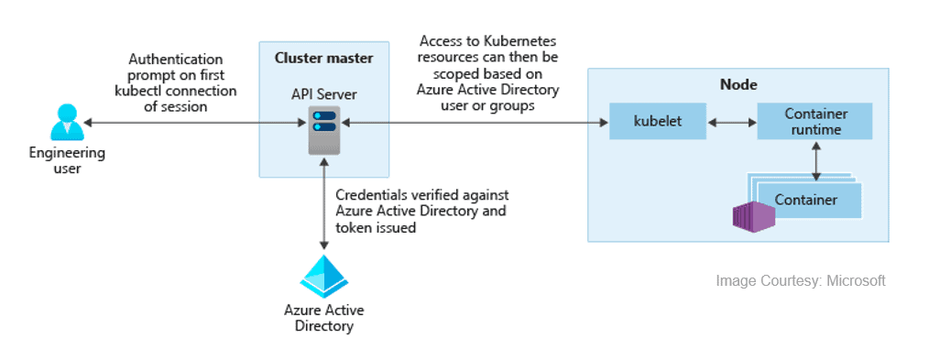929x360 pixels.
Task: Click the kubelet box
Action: click(658, 121)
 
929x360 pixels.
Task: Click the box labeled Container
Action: click(805, 199)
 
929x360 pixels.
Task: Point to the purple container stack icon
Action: click(753, 215)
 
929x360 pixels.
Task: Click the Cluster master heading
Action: click(323, 59)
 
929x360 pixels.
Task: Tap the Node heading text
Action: click(738, 85)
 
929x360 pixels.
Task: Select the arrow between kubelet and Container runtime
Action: click(731, 121)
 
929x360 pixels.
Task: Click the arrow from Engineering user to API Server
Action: click(192, 121)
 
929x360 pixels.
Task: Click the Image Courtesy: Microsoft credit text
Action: click(800, 280)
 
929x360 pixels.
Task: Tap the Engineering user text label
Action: click(65, 160)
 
